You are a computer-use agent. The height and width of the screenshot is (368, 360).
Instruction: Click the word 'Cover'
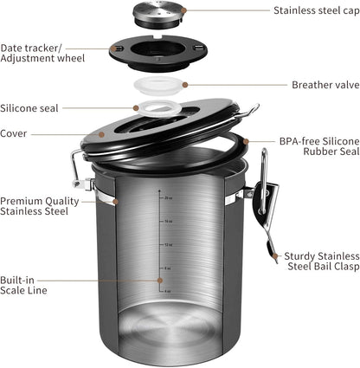coord(15,133)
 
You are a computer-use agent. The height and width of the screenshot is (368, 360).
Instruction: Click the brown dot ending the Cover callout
coord(100,133)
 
